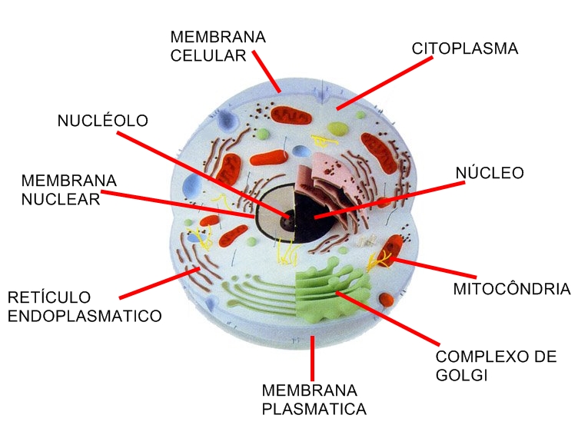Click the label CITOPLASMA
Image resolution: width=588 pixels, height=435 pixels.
[x=465, y=48]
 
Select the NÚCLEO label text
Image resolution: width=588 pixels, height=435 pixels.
[x=490, y=172]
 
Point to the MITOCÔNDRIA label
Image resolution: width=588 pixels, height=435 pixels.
[x=511, y=289]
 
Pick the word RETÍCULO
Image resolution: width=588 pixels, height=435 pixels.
[x=49, y=297]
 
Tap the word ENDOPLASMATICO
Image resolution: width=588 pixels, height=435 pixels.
[x=85, y=315]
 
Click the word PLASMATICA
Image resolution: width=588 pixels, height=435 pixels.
[x=314, y=409]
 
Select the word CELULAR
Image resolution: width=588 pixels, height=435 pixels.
[x=208, y=55]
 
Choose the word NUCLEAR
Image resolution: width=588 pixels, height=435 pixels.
[x=61, y=199]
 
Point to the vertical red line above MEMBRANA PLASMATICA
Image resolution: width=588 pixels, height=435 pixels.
[x=312, y=357]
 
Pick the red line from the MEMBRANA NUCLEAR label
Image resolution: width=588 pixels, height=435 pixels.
[x=177, y=204]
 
